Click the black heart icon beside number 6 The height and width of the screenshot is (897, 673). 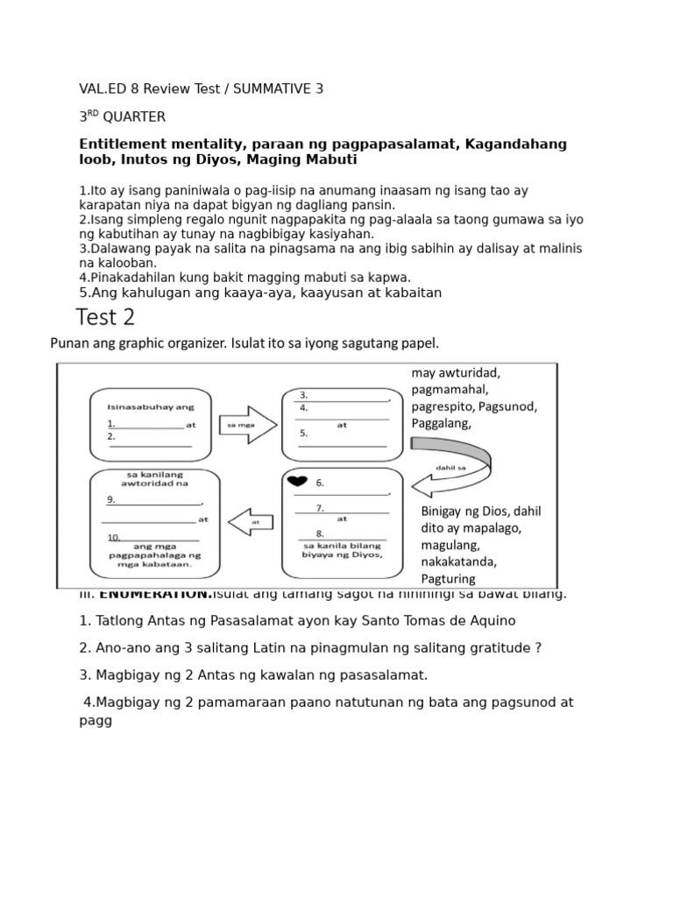coord(298,482)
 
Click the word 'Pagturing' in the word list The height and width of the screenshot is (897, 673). coord(448,578)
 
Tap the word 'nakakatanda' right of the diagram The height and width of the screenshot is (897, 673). coord(459,562)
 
